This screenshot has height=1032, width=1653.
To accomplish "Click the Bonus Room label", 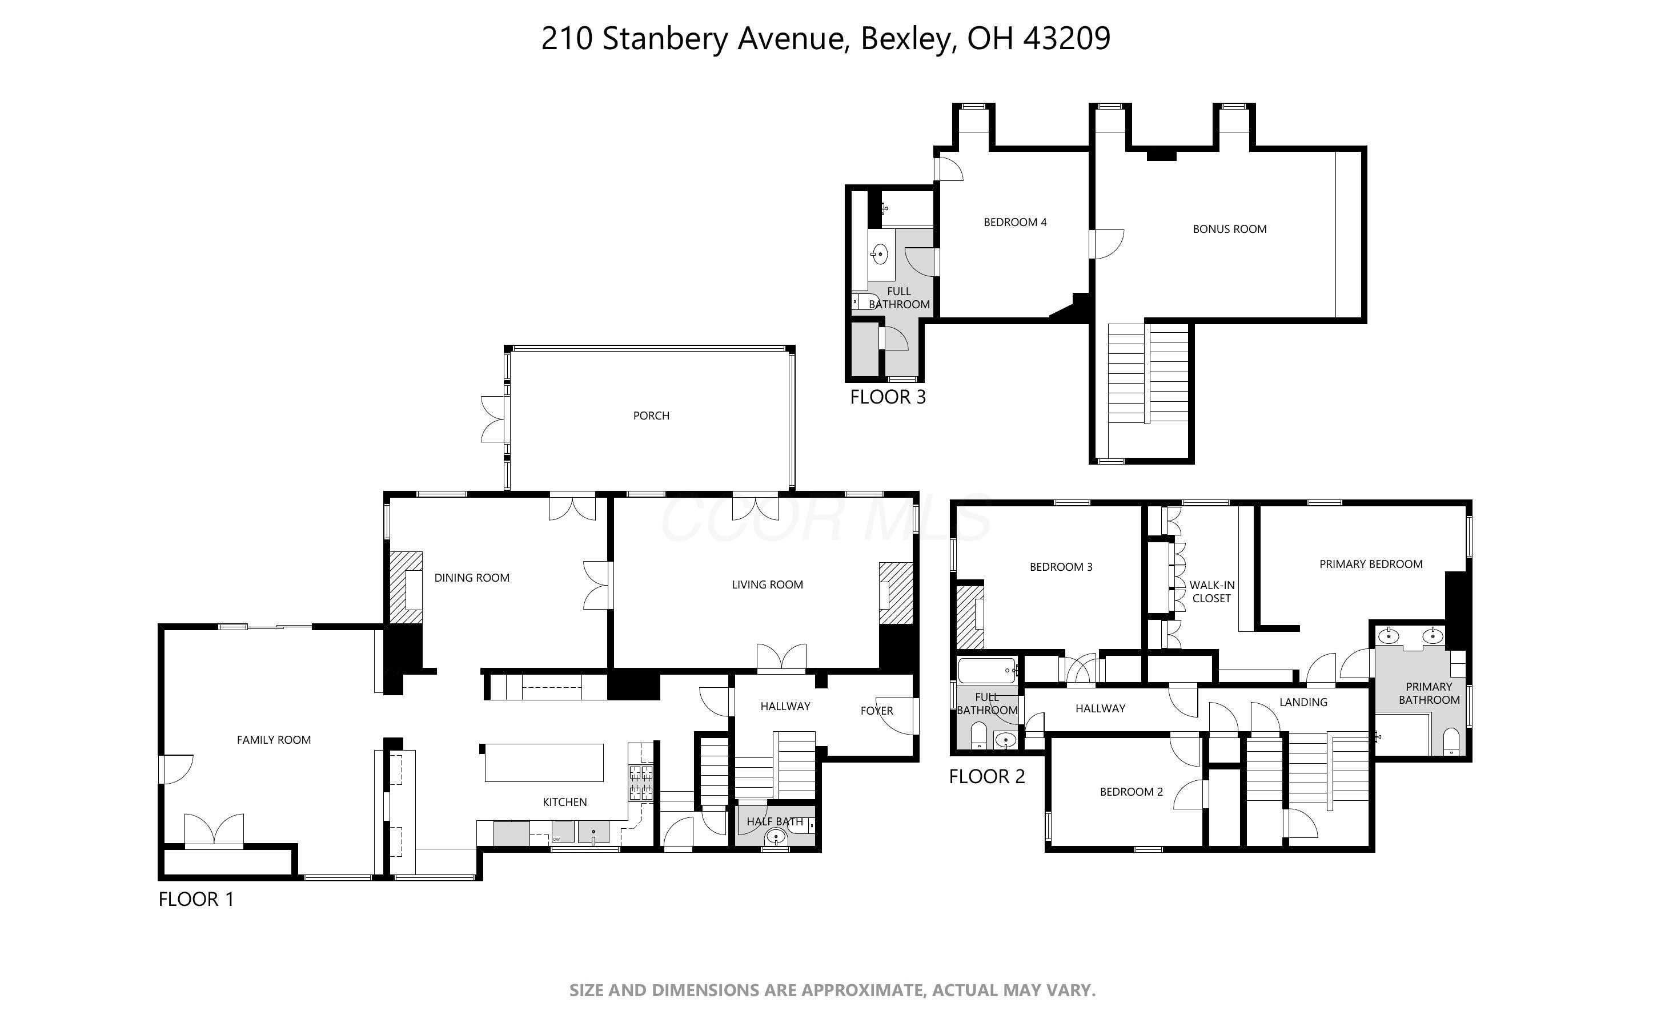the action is tap(1229, 229).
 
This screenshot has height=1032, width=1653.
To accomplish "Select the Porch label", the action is tap(651, 416).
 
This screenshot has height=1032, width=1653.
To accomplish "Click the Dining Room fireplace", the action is tap(406, 587).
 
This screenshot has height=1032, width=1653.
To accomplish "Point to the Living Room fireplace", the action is tap(895, 592).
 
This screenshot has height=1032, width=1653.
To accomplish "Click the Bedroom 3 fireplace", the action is tap(969, 617).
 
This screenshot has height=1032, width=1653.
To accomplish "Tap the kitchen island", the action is tap(544, 763).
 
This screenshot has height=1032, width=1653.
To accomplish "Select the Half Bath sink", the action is tap(776, 836).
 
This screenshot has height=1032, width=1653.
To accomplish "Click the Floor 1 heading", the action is tap(196, 900).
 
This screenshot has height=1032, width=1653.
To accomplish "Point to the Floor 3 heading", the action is tap(888, 397).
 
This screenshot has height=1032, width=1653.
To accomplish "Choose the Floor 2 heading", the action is tap(988, 777).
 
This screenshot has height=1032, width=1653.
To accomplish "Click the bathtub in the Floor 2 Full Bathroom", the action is tap(988, 671).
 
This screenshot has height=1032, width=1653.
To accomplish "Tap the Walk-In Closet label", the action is tap(1211, 592).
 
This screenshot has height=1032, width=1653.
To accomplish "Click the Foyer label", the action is tap(877, 711).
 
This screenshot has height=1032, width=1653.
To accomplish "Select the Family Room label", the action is tap(274, 740).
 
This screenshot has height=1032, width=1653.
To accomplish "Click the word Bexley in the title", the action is tap(905, 39).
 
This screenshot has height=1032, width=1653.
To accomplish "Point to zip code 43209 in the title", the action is tap(1067, 38).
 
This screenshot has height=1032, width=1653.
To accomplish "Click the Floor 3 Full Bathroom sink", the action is tap(880, 255).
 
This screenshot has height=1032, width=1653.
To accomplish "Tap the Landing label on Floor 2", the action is tap(1303, 702).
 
